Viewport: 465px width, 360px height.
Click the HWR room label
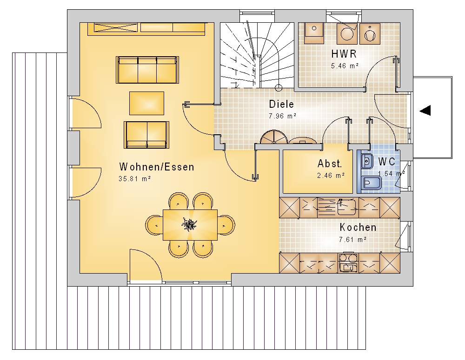coord(344,54)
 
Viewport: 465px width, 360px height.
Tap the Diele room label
coord(281,104)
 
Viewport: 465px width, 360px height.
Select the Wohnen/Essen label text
coord(157,167)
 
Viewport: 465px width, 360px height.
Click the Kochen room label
coord(358,227)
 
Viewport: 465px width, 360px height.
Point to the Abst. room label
coord(330,164)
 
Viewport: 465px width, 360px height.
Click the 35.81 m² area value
coord(135,179)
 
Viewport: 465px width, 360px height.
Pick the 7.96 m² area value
coord(282,116)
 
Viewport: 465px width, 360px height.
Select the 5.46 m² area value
coord(345,66)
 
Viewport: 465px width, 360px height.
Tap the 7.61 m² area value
coord(352,239)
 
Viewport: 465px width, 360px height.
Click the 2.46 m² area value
coord(331,176)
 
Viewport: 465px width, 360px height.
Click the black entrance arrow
coord(425,111)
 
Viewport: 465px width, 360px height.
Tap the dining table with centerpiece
coord(190,225)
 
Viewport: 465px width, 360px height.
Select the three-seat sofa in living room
coord(147,70)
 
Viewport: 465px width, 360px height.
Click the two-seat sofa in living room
coord(146,135)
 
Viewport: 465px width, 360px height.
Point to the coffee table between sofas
coord(146,103)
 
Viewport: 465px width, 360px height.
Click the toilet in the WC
coord(371,183)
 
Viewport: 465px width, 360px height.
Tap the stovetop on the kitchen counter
coord(348,262)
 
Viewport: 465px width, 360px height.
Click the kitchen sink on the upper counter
coord(347,207)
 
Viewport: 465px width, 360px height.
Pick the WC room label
coord(387,162)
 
